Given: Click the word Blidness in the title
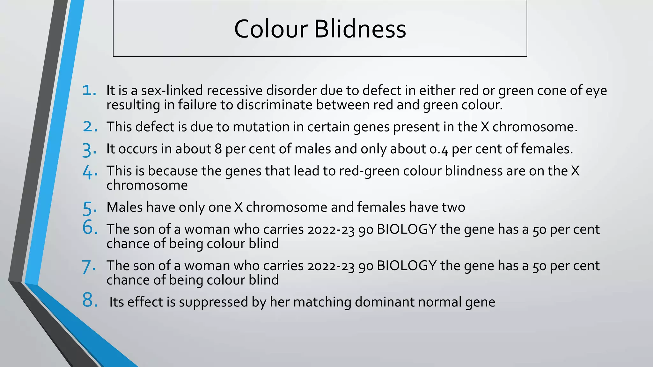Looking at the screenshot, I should [360, 29].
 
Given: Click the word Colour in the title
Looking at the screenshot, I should [271, 29].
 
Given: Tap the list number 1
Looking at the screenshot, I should [89, 90].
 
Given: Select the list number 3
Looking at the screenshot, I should [89, 150].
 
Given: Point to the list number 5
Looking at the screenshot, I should [90, 208].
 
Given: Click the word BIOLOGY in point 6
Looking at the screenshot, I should [407, 229].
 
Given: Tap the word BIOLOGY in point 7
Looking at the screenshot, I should [407, 266].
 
